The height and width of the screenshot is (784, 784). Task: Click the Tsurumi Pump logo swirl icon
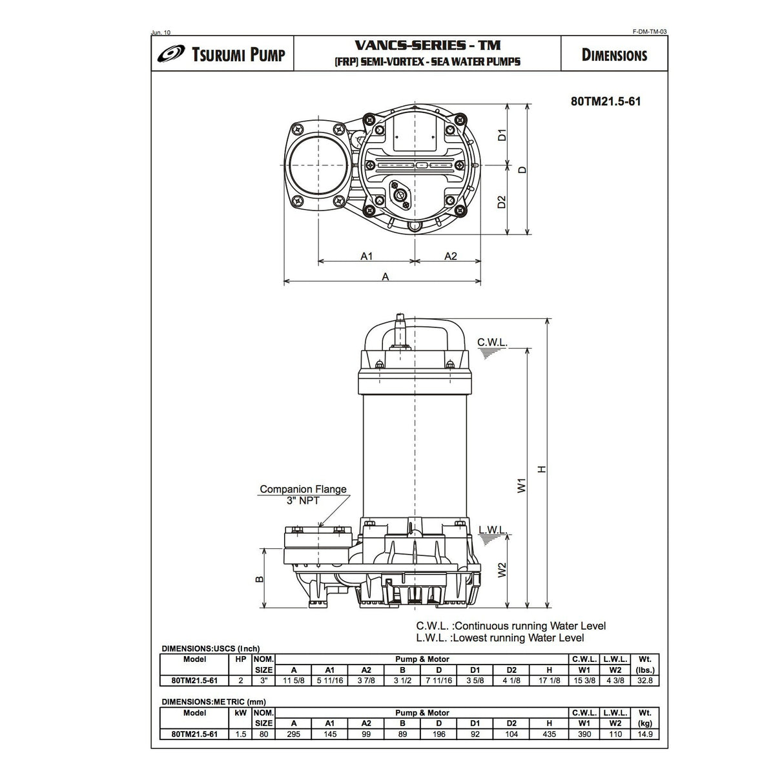point(170,55)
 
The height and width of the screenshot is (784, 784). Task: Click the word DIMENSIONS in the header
point(614,55)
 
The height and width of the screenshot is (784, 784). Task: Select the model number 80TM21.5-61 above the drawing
point(606,101)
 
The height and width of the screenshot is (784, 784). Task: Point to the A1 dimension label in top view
point(366,256)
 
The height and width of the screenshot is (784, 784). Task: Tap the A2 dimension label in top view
point(450,256)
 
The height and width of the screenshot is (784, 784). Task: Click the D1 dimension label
point(502,135)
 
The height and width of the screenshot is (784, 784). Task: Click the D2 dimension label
point(502,201)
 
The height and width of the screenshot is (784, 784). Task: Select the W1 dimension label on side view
point(522,484)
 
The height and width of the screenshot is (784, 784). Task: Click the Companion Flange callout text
point(303,490)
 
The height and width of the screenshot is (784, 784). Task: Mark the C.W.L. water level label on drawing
point(492,342)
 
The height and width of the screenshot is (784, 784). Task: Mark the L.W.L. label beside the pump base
point(493,530)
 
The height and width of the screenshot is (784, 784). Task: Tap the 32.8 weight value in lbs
point(644,680)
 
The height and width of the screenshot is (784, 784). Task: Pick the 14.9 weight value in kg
point(644,734)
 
